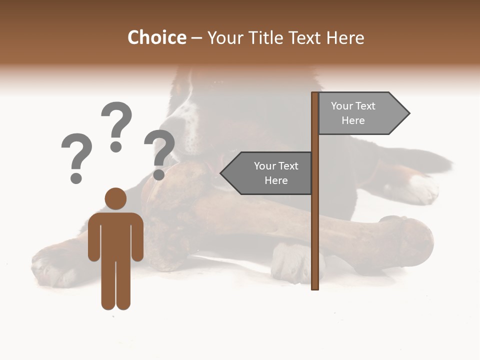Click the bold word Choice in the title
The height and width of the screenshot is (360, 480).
[x=156, y=38]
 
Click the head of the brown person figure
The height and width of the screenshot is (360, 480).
[x=115, y=198]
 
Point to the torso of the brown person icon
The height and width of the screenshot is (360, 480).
[x=115, y=235]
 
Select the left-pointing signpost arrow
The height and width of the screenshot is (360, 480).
[x=267, y=173]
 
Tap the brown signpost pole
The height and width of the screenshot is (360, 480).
[x=315, y=225]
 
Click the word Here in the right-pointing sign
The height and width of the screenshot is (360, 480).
[x=353, y=120]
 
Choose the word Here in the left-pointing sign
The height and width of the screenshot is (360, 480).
[x=276, y=180]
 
